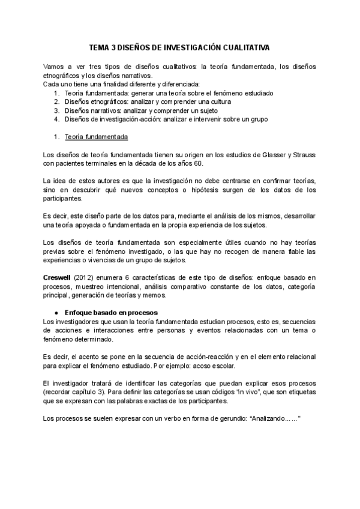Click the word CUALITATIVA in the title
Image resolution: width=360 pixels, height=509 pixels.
click(242, 47)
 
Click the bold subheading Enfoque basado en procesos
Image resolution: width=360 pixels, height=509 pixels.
click(111, 313)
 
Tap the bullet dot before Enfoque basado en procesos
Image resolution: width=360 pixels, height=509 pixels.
click(56, 313)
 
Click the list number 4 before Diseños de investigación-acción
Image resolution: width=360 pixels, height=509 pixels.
click(56, 119)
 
